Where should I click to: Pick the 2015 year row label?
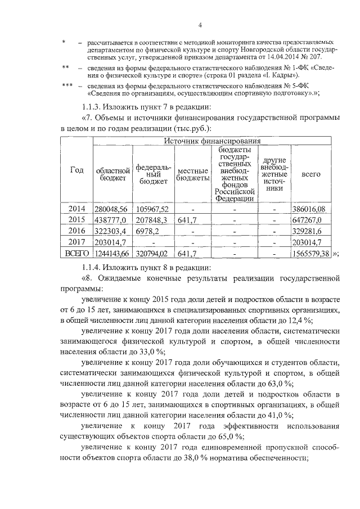pos(76,219)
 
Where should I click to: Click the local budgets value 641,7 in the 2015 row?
pos(186,219)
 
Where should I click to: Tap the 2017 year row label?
pos(76,241)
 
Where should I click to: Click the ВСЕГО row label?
pos(76,253)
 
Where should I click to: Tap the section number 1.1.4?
pos(93,266)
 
